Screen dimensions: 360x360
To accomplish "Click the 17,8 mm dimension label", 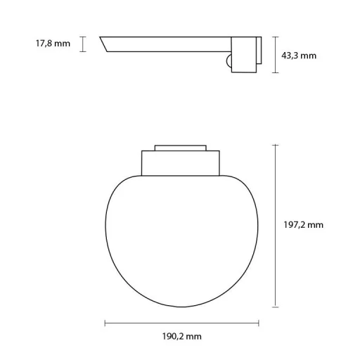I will [53, 44].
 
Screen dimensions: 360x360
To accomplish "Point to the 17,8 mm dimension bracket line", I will [83, 44].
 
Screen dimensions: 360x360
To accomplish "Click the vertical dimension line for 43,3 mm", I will [274, 55].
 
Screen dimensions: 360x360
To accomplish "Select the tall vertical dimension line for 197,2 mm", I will [275, 225].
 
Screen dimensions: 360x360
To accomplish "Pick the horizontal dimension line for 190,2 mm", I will [181, 323].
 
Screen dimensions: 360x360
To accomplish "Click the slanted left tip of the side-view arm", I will [106, 44].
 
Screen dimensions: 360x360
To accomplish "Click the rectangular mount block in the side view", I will [243, 54].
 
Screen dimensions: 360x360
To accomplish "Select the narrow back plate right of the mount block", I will [258, 54].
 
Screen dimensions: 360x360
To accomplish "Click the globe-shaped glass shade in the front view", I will [181, 239].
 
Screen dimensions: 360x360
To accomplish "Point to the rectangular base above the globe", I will [181, 162].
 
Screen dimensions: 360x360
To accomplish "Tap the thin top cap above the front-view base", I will [181, 147].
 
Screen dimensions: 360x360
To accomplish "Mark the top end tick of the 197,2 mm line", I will [275, 144].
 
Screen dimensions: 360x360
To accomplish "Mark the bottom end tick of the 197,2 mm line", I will [275, 307].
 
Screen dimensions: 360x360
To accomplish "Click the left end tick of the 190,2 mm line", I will [105, 323].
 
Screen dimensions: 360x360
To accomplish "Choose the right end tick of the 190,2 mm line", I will [259, 323].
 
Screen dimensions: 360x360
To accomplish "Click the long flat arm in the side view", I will [169, 44].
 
